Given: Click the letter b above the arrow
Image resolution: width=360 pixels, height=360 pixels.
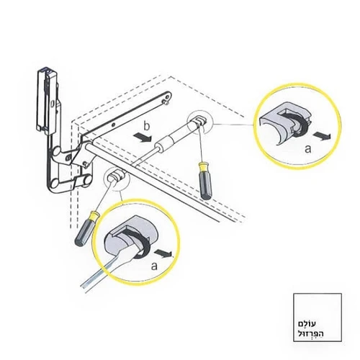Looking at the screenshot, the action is (x=146, y=127).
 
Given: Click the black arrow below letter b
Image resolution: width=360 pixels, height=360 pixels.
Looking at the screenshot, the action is (x=142, y=138).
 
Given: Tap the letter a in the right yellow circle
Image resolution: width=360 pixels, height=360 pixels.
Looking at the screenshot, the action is (x=308, y=149).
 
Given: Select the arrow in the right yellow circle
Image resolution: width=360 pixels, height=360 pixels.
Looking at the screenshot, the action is (x=322, y=136).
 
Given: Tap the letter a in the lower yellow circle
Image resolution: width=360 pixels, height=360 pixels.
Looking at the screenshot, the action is (x=155, y=266).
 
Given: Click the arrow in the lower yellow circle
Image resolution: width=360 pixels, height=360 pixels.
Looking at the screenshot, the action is (x=163, y=253).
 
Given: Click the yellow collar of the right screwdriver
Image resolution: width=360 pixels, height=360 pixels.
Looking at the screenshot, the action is (x=203, y=167).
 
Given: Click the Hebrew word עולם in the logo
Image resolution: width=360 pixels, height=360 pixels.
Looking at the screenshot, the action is (x=307, y=324).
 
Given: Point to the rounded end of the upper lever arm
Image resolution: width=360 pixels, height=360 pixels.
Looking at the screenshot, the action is (x=167, y=96).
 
